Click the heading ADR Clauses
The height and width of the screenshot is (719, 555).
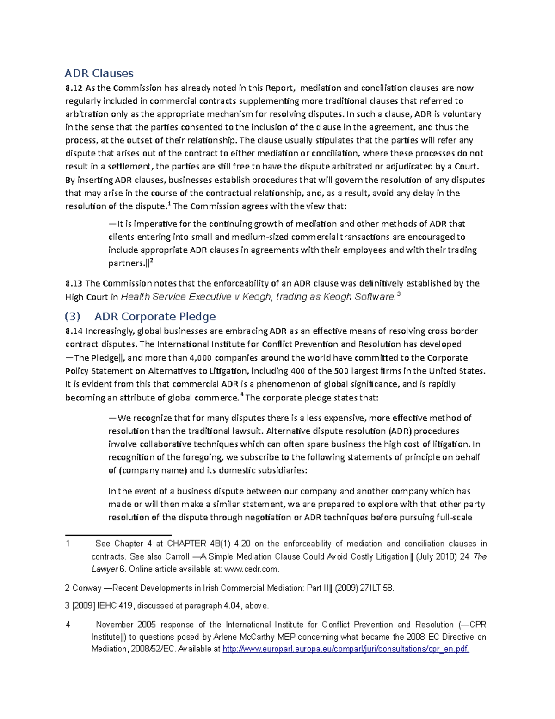point(99,73)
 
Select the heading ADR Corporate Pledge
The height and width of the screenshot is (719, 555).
point(155,316)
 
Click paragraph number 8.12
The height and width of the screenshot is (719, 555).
point(74,88)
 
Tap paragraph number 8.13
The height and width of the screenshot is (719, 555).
point(74,283)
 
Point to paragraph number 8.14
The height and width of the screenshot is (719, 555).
point(74,331)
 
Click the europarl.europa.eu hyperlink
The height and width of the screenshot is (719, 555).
point(345,649)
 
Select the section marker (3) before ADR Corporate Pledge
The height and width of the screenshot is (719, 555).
point(73,316)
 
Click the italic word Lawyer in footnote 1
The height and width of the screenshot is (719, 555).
point(104,569)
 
